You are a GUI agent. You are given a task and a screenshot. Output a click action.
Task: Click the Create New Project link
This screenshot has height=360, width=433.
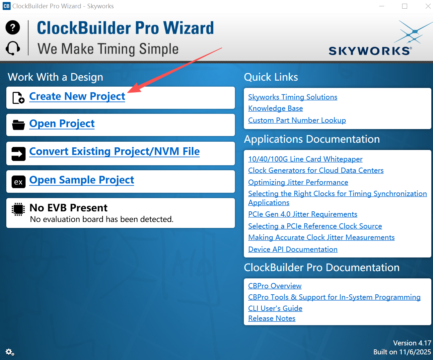click(x=77, y=97)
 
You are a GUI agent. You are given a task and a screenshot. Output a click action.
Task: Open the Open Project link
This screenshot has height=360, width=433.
click(x=62, y=124)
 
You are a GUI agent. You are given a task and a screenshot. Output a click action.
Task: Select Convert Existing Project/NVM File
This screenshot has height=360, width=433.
click(x=114, y=151)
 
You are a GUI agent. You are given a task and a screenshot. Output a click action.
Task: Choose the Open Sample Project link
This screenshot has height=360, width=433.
click(x=82, y=180)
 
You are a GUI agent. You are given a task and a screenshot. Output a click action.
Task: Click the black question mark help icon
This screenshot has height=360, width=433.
click(x=13, y=27)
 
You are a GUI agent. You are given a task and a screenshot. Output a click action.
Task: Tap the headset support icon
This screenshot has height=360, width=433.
click(x=13, y=48)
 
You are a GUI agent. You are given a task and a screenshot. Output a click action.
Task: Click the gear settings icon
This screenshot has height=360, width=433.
click(x=10, y=352)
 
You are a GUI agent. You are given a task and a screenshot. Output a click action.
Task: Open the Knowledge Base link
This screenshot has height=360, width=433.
click(x=275, y=108)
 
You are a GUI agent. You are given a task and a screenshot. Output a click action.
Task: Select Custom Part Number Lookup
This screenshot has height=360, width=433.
click(x=297, y=120)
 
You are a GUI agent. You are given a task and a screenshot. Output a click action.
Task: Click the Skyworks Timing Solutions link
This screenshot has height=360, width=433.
click(x=293, y=97)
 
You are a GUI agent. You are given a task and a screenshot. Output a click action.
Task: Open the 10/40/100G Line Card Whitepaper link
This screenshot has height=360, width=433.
click(x=305, y=159)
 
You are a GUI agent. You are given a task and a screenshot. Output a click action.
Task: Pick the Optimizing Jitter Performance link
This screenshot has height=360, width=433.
click(x=298, y=182)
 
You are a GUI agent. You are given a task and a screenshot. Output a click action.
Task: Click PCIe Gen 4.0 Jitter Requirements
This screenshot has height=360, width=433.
click(x=303, y=214)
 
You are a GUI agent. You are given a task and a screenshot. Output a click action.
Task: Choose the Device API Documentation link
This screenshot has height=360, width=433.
click(x=293, y=249)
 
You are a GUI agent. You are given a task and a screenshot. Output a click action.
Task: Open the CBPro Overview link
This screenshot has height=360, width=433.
click(x=275, y=286)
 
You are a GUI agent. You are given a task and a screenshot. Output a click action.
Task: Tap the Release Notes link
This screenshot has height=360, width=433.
click(x=272, y=318)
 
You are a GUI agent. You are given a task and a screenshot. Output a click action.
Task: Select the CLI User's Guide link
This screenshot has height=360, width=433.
click(x=275, y=308)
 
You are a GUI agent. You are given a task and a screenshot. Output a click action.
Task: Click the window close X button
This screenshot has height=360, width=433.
click(x=428, y=6)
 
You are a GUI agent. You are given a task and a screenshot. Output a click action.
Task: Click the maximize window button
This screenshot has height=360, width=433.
click(x=404, y=6)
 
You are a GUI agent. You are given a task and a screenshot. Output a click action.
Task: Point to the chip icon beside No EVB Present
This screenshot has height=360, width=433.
click(x=18, y=209)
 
